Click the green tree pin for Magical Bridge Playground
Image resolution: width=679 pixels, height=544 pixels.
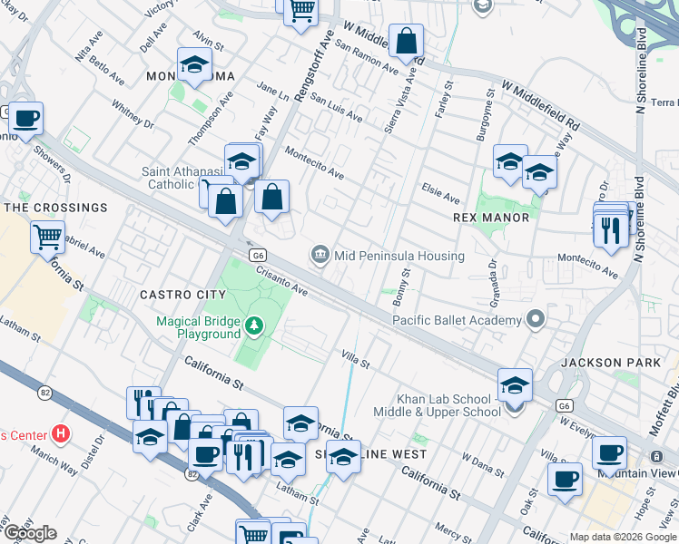pos(257,324)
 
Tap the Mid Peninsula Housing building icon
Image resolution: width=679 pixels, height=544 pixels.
pos(320,256)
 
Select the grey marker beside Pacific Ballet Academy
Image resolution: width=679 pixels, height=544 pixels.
pos(536,319)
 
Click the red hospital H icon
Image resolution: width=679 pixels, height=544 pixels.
pos(61,433)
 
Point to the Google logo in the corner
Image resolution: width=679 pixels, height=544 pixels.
pos(30,533)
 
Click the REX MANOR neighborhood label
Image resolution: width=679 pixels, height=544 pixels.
pos(491,218)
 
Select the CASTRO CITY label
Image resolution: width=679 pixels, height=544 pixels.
pos(182,295)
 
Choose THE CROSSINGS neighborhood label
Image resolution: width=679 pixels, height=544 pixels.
pos(56,208)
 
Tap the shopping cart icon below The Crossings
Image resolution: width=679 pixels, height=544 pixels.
pos(47,238)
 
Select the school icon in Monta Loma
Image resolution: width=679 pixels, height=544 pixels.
pos(194,65)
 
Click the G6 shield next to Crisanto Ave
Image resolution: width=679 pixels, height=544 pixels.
pos(258,256)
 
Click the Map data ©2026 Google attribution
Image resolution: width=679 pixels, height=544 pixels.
pos(623,537)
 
